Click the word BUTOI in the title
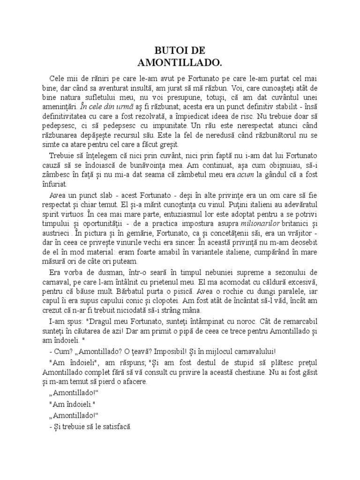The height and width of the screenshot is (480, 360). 167,51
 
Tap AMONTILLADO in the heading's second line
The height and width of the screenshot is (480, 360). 180,62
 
